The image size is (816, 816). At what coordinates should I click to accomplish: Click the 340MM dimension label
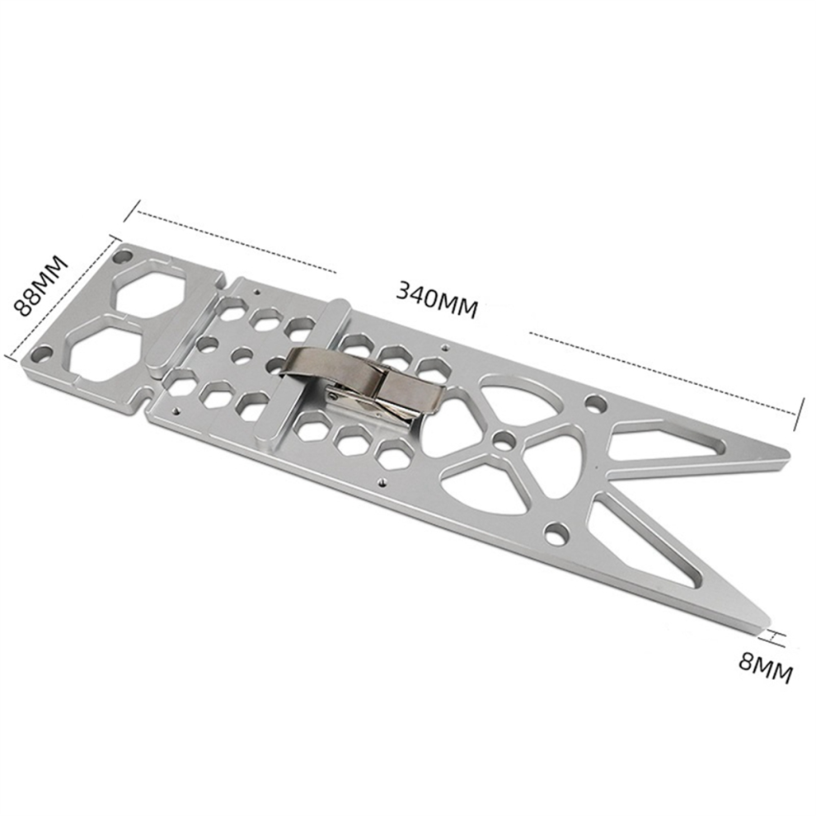(x=436, y=298)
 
